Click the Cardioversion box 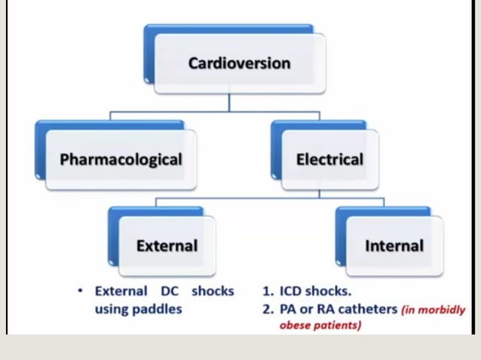click(x=238, y=63)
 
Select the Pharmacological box click(x=121, y=160)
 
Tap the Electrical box click(x=329, y=160)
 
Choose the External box click(x=167, y=246)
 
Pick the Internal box click(x=394, y=246)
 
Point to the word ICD click(x=292, y=291)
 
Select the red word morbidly click(x=445, y=310)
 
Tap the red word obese click(x=295, y=325)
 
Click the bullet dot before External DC click(x=80, y=291)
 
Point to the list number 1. click(x=266, y=291)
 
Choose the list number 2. click(x=266, y=309)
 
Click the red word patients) click(x=338, y=325)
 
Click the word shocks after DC click(x=213, y=291)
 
